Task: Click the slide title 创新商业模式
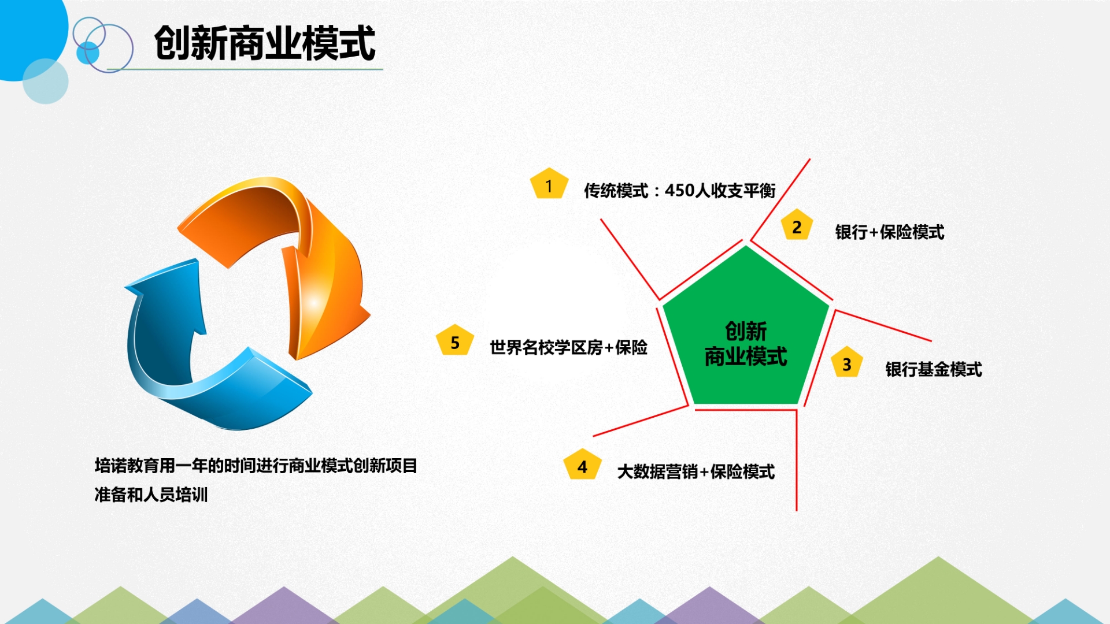pyautogui.click(x=265, y=43)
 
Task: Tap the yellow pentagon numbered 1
pyautogui.click(x=549, y=184)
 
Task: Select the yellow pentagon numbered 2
pyautogui.click(x=797, y=225)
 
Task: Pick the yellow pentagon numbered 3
pyautogui.click(x=847, y=362)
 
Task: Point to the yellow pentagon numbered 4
pyautogui.click(x=582, y=465)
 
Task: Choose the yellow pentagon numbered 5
pyautogui.click(x=455, y=340)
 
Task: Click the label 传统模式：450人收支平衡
pyautogui.click(x=680, y=191)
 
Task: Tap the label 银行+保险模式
pyautogui.click(x=890, y=232)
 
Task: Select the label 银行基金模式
pyautogui.click(x=934, y=369)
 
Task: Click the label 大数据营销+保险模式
pyautogui.click(x=696, y=472)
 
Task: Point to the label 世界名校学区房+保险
pyautogui.click(x=569, y=348)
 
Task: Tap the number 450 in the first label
pyautogui.click(x=679, y=190)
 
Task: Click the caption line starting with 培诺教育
pyautogui.click(x=256, y=466)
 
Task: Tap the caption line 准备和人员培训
pyautogui.click(x=151, y=495)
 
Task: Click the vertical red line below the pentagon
pyautogui.click(x=797, y=460)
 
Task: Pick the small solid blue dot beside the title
pyautogui.click(x=88, y=53)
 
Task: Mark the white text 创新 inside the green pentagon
pyautogui.click(x=746, y=332)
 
